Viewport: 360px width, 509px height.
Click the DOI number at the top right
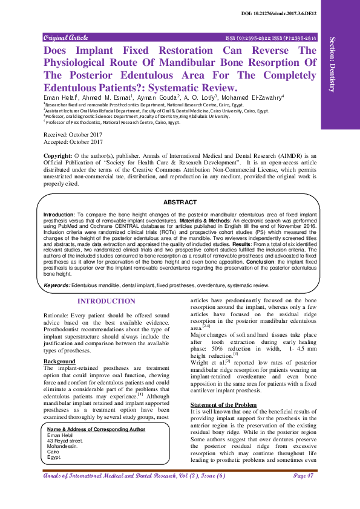click(287, 13)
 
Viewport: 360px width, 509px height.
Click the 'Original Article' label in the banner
click(65, 37)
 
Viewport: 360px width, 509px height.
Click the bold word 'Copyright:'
click(58, 156)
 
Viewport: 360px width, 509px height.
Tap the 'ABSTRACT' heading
click(180, 202)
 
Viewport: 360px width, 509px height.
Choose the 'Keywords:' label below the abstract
click(57, 285)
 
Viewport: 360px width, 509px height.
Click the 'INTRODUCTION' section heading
click(106, 302)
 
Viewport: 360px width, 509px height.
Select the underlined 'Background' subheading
click(59, 361)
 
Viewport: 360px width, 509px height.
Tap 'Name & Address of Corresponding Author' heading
click(96, 430)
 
